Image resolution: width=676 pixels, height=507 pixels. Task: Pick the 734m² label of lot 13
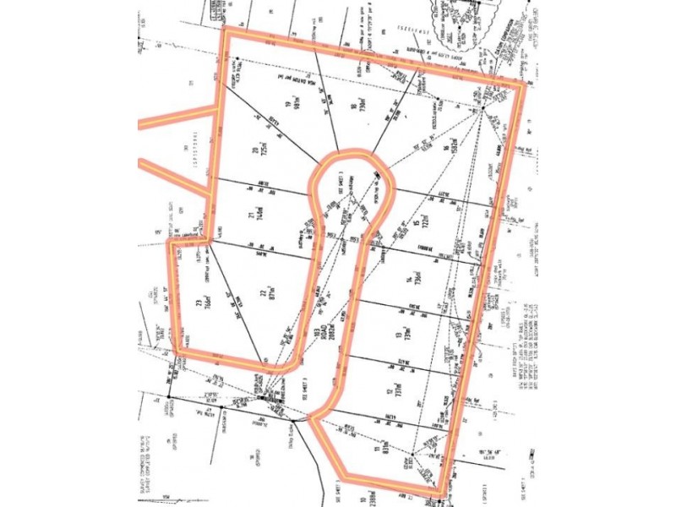tap(409, 335)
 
